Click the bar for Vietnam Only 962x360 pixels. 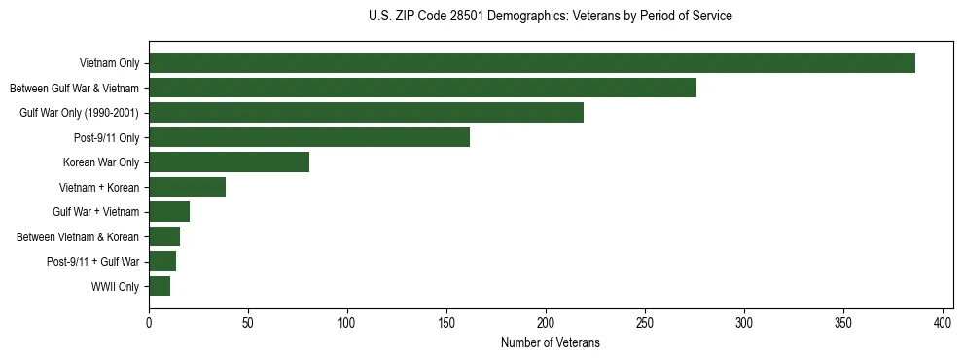pyautogui.click(x=531, y=63)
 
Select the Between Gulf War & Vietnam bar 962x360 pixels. pyautogui.click(x=422, y=88)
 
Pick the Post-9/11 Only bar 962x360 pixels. pyautogui.click(x=309, y=137)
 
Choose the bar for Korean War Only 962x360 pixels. pyautogui.click(x=229, y=162)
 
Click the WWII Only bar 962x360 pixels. pyautogui.click(x=160, y=286)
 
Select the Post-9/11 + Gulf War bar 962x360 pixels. pyautogui.click(x=162, y=262)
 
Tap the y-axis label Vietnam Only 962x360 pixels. pyautogui.click(x=109, y=64)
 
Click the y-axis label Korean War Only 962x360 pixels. pyautogui.click(x=101, y=162)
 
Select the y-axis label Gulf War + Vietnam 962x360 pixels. pyautogui.click(x=95, y=212)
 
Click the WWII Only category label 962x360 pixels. pyautogui.click(x=115, y=286)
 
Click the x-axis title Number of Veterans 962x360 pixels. pyautogui.click(x=550, y=342)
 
